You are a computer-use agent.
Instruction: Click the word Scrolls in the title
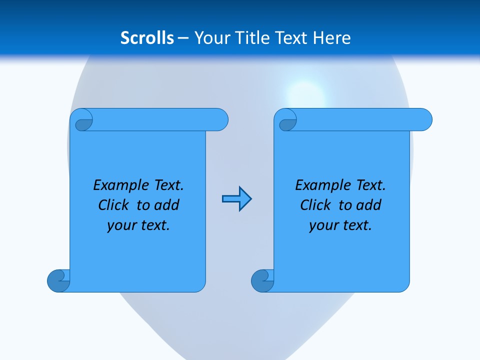pos(147,38)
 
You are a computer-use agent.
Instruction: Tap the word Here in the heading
pos(332,38)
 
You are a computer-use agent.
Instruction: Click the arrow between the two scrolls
pos(237,199)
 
